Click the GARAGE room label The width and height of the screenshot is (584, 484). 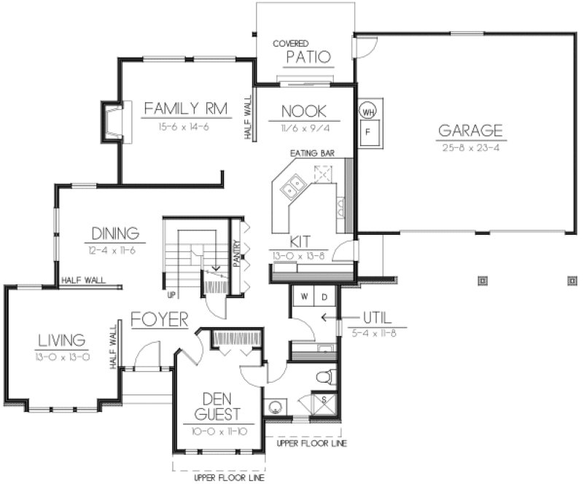tap(470, 131)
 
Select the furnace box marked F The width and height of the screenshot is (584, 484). tap(368, 134)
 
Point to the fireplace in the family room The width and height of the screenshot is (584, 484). tap(113, 121)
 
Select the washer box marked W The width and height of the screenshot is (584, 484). tap(304, 297)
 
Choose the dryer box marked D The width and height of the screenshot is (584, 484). tap(325, 297)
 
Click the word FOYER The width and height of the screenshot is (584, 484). tap(160, 320)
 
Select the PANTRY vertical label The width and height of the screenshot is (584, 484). tap(237, 255)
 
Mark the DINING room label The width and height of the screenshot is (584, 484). tap(115, 234)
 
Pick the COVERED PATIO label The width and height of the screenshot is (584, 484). tap(303, 52)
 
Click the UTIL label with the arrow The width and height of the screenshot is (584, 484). tap(377, 318)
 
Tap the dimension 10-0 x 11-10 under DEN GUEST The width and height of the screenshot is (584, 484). tap(217, 432)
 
